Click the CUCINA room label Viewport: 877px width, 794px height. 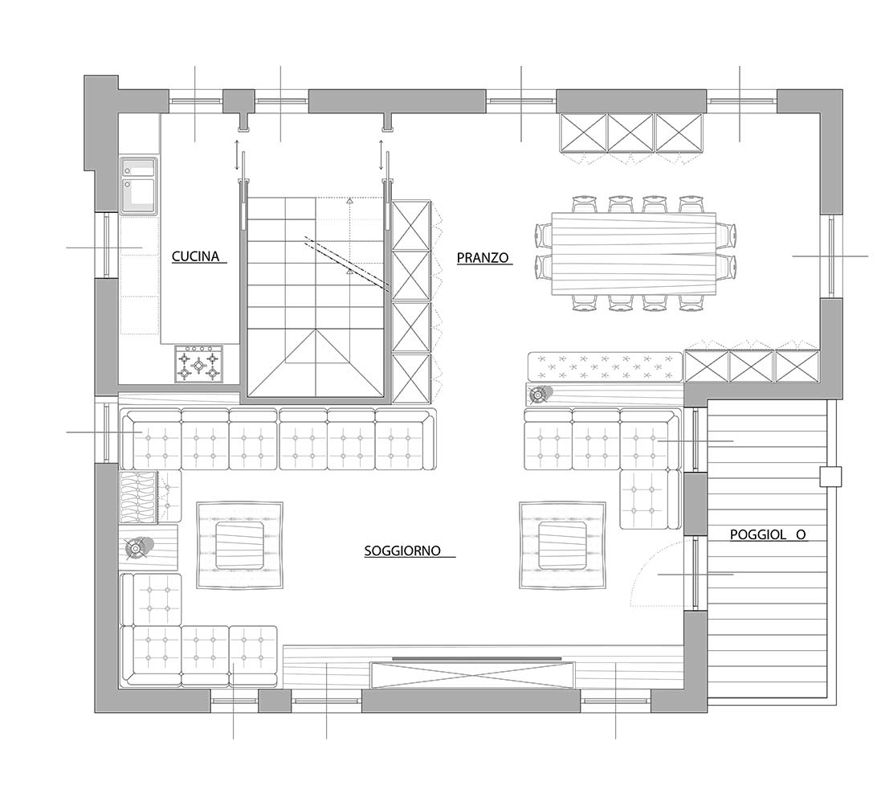click(x=195, y=256)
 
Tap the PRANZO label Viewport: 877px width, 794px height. click(x=483, y=257)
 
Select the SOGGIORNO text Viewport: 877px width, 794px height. click(x=402, y=550)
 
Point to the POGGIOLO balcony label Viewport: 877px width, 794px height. click(x=768, y=534)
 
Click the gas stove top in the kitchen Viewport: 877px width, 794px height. click(x=198, y=364)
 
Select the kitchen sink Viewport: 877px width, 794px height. click(x=138, y=186)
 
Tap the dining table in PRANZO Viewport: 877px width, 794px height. click(x=634, y=253)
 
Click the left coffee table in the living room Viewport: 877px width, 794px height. click(x=239, y=545)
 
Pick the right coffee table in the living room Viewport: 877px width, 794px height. click(x=562, y=545)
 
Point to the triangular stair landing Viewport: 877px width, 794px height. click(x=316, y=362)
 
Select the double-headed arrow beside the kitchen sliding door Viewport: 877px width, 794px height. click(x=237, y=155)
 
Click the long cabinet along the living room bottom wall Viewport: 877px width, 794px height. click(x=472, y=675)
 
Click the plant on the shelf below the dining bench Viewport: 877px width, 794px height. click(x=539, y=395)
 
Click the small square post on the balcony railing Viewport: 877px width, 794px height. click(x=830, y=477)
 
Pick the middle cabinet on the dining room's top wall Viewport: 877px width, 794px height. click(x=630, y=133)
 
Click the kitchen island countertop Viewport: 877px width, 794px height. click(x=200, y=229)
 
